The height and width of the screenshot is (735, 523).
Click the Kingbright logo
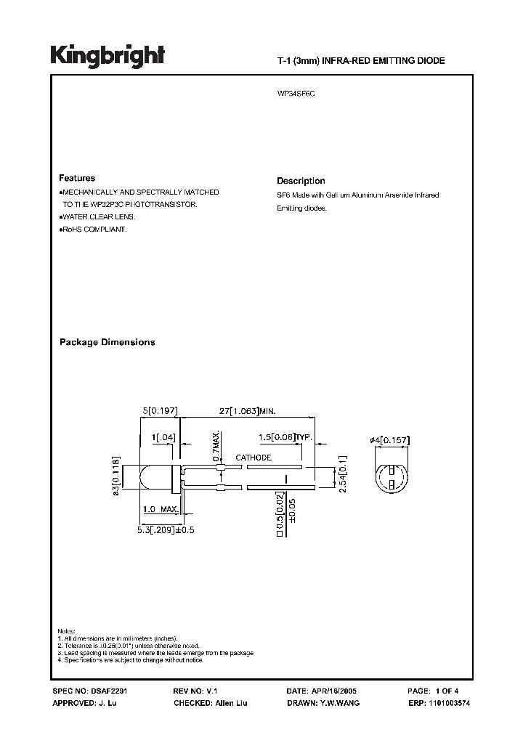tap(108, 55)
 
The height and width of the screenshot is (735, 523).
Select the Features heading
tap(77, 178)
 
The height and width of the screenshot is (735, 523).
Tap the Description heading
tap(301, 181)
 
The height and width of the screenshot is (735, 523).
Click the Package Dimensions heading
tap(107, 342)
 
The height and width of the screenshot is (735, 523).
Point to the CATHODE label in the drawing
tap(254, 458)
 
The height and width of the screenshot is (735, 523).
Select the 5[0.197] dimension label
tap(160, 412)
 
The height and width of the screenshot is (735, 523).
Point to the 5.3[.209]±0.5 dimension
tap(166, 530)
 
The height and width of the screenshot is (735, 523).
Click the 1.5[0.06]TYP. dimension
tap(285, 438)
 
